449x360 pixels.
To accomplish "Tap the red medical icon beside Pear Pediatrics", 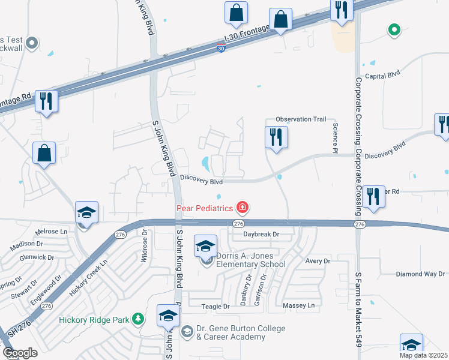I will point(243,208).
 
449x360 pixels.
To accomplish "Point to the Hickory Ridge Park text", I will point(94,320).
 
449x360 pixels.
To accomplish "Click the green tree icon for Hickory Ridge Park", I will point(139,319).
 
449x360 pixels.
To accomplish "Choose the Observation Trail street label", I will point(301,119).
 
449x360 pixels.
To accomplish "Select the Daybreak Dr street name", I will point(262,234).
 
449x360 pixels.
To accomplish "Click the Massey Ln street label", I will point(298,306).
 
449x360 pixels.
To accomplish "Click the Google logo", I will point(19,353).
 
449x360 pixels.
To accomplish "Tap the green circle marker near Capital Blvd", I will point(394,28).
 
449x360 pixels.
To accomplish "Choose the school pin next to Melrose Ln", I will point(86,213).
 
